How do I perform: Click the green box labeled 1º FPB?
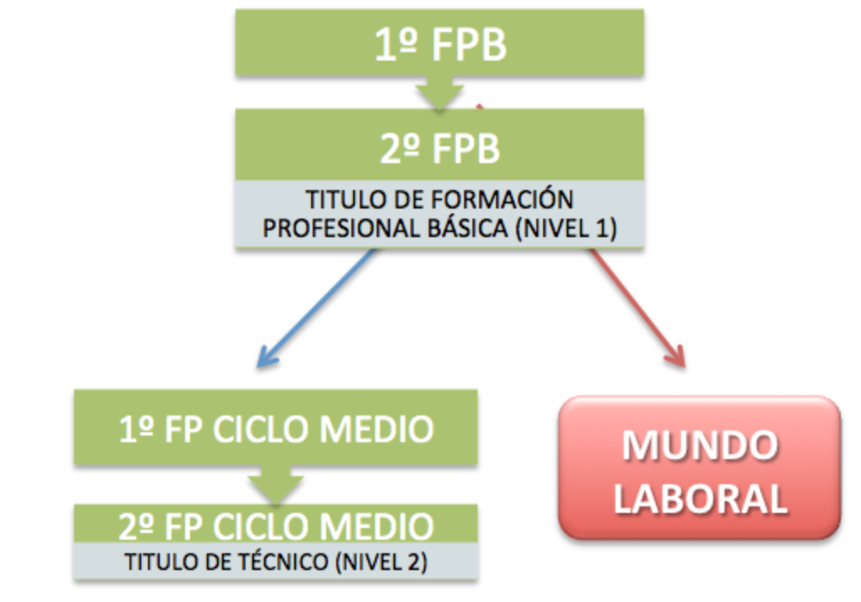[439, 44]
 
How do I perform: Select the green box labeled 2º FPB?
[439, 147]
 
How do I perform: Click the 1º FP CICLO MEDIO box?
[276, 428]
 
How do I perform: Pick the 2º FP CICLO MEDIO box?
[276, 525]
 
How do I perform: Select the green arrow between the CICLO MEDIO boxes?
[276, 484]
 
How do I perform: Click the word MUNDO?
[700, 446]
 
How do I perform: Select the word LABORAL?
[700, 498]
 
